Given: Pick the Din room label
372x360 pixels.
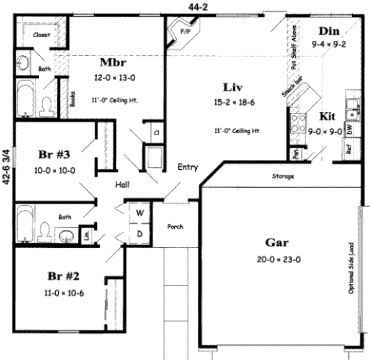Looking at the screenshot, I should [332, 31].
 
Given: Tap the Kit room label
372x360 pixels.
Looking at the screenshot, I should [328, 116].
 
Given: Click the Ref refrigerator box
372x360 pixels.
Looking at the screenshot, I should [349, 150].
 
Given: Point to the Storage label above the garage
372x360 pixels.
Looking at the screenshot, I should [283, 177].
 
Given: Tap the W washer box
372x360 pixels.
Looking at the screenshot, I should [140, 213].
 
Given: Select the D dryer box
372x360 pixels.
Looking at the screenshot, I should [140, 233].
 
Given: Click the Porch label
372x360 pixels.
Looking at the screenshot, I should [175, 227].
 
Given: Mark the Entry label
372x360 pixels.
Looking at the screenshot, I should [188, 167].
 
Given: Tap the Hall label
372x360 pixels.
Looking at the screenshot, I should [122, 184].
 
